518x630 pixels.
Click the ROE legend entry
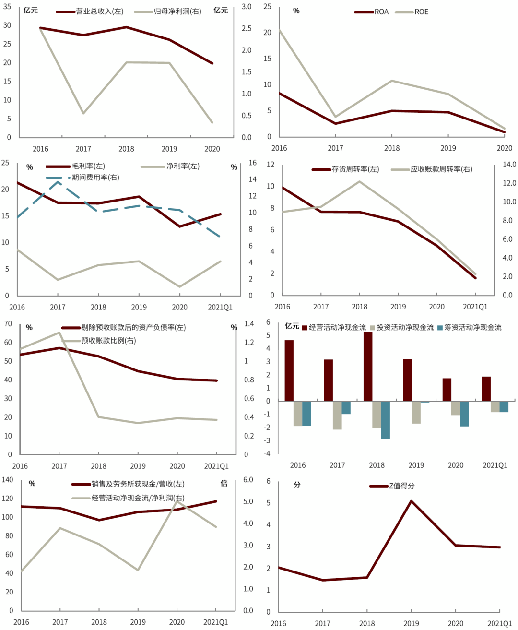click(x=421, y=12)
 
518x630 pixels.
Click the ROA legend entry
click(x=381, y=12)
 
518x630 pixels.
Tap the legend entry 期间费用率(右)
click(x=95, y=178)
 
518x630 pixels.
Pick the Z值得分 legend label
click(x=401, y=486)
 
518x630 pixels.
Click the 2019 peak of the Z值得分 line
click(x=412, y=501)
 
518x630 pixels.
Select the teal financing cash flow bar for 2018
click(x=386, y=420)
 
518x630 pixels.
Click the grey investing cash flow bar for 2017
click(x=337, y=415)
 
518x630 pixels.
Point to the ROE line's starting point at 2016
click(x=279, y=30)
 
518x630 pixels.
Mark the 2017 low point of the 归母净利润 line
click(x=83, y=113)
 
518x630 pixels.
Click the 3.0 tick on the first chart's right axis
click(x=247, y=7)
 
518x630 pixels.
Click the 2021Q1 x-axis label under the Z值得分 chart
click(x=499, y=623)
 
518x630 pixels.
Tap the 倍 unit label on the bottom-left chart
click(x=224, y=484)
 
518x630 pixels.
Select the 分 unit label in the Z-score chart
click(x=297, y=485)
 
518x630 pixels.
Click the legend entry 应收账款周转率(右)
click(x=441, y=169)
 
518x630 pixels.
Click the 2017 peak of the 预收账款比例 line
click(x=59, y=333)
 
